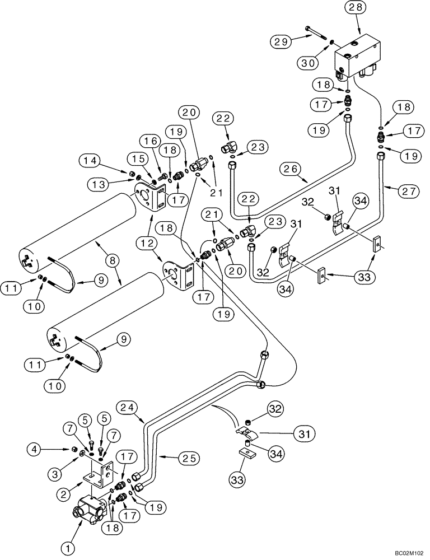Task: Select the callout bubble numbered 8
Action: coord(113,260)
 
